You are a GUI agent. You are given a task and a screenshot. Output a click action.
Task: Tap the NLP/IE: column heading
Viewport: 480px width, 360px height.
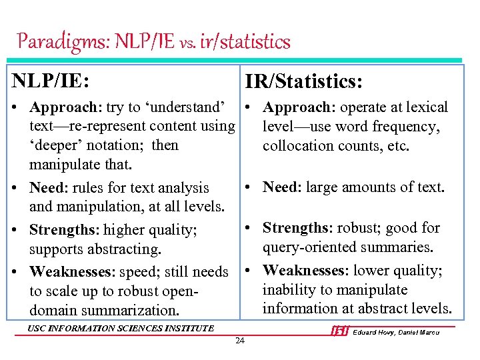tap(51, 80)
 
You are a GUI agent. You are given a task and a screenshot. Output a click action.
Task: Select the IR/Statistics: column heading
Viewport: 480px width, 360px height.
tap(303, 82)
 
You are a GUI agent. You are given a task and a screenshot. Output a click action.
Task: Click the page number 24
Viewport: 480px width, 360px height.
tap(240, 341)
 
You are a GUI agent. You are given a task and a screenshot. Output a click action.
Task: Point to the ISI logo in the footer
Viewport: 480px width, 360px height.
tap(340, 331)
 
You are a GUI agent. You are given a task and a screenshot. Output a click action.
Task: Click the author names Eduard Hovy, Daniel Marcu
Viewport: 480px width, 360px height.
tap(396, 332)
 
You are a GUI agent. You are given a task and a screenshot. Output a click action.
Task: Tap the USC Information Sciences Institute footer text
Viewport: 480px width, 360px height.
tap(121, 327)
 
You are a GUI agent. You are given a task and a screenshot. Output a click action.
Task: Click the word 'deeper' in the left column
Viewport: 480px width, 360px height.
tap(59, 145)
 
